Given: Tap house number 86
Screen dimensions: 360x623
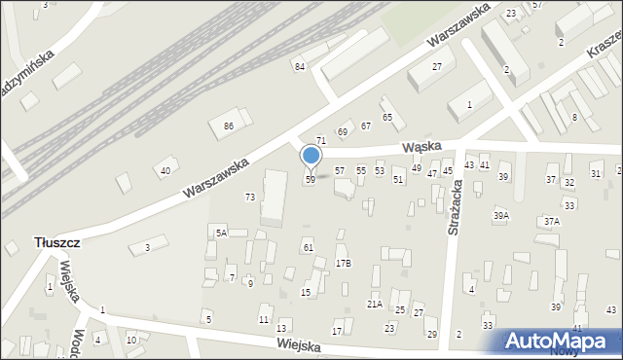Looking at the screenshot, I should coord(228,126).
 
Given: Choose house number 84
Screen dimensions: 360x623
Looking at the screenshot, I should coord(300,66).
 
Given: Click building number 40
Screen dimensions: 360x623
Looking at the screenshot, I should coord(165,171).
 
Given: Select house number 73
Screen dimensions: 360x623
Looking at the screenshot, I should coord(250,198).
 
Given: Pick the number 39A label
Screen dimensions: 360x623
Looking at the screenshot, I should coord(501,215).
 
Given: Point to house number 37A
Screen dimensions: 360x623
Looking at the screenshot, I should coord(552,221).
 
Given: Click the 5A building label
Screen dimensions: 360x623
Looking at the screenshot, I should coord(221,233).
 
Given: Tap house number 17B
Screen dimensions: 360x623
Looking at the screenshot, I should coord(343,263).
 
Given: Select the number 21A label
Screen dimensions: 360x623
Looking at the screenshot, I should coord(374,304).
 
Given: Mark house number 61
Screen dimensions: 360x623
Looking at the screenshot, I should coord(308,248).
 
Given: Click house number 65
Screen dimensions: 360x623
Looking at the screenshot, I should coord(386,118).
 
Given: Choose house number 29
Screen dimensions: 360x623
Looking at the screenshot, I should coord(432,335).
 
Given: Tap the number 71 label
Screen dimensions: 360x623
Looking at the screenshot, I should coord(320,142).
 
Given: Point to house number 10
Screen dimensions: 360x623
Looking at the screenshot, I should coord(131,340).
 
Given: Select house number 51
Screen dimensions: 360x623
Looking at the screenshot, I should coord(397,180).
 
